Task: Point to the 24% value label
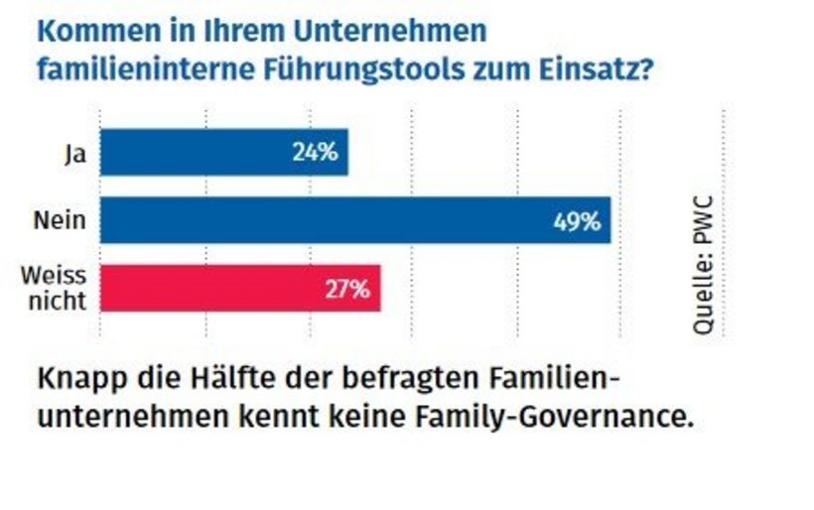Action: pyautogui.click(x=316, y=153)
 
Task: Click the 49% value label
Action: pyautogui.click(x=577, y=221)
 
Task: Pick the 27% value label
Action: pyautogui.click(x=346, y=290)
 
